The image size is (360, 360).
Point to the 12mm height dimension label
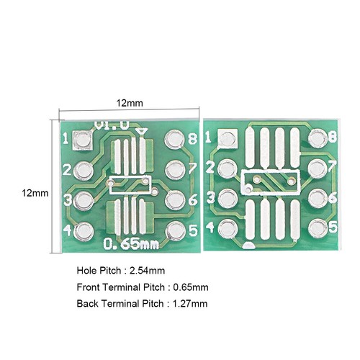click(x=35, y=193)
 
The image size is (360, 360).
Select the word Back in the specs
click(x=87, y=303)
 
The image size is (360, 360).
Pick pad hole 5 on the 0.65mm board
click(x=175, y=231)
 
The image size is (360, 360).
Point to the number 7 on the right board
click(x=333, y=167)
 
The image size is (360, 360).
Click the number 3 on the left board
click(x=66, y=200)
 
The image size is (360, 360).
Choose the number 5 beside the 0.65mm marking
click(x=193, y=231)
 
